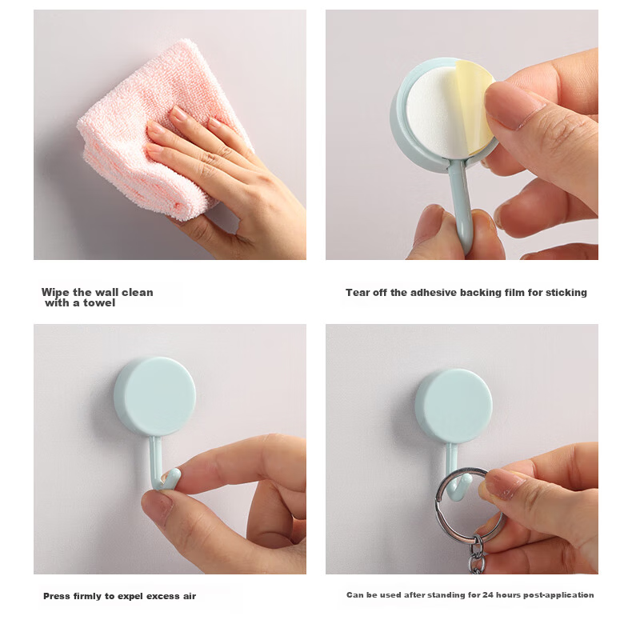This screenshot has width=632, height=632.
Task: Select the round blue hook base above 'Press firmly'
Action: click(154, 397)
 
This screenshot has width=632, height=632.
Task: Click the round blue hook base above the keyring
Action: click(454, 406)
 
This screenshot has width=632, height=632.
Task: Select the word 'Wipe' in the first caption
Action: click(55, 293)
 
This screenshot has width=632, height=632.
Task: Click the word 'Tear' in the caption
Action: click(357, 293)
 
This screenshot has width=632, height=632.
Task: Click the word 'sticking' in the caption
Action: click(566, 293)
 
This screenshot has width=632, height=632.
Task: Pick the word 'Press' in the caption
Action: click(57, 596)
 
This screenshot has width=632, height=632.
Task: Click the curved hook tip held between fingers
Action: click(171, 478)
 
